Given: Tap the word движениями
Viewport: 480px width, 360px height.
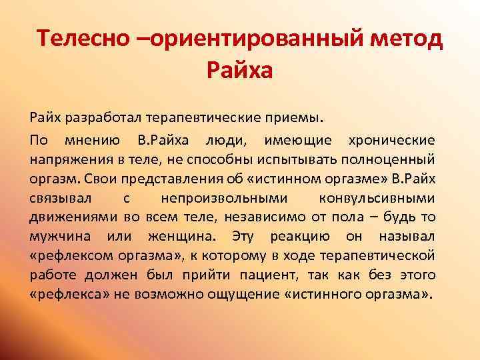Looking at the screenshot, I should [x=67, y=217].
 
